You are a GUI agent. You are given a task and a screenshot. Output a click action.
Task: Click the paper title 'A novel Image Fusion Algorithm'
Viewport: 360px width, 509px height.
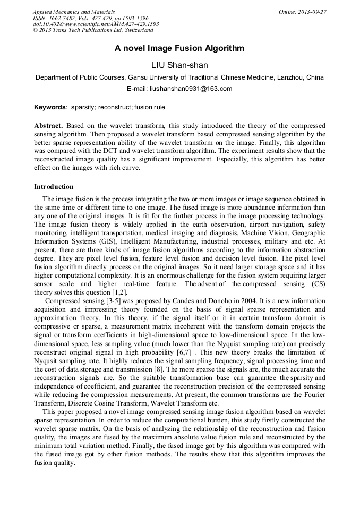point(179,48)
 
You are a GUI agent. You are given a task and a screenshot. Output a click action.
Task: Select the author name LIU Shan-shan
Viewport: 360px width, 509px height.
point(179,65)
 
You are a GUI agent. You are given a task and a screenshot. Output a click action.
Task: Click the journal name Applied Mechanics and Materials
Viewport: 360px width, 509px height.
point(74,12)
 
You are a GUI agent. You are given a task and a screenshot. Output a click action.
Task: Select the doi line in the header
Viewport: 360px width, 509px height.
point(96,24)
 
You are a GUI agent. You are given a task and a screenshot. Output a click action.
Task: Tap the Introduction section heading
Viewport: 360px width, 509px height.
point(54,187)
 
